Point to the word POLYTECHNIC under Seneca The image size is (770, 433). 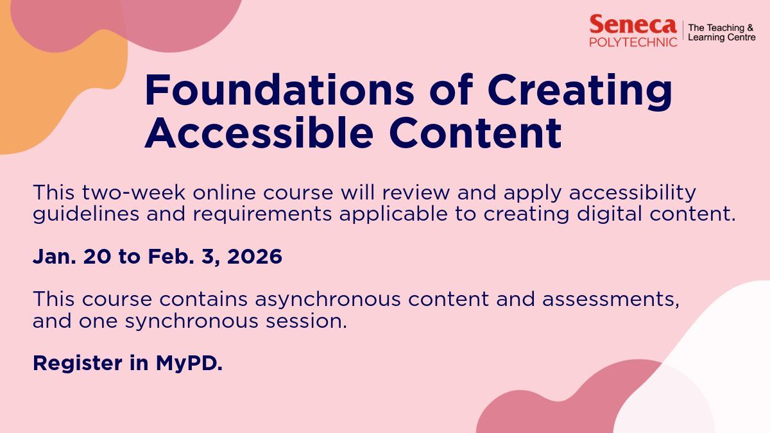click(633, 42)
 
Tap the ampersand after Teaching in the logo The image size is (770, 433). click(751, 28)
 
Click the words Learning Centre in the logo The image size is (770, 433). click(721, 38)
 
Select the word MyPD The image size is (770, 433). click(189, 364)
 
